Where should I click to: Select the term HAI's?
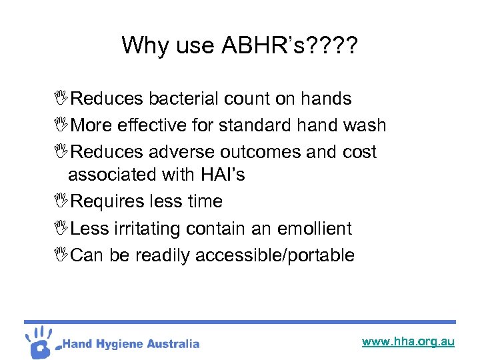click(221, 175)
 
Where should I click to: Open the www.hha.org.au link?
click(408, 341)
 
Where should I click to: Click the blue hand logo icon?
click(41, 341)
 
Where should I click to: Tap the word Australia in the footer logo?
click(172, 344)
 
